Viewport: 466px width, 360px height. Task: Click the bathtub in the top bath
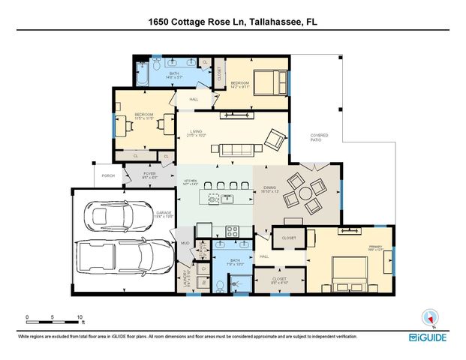tap(143, 72)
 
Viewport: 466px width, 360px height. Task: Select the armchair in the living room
tap(275, 139)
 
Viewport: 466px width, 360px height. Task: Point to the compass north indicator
tap(430, 317)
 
